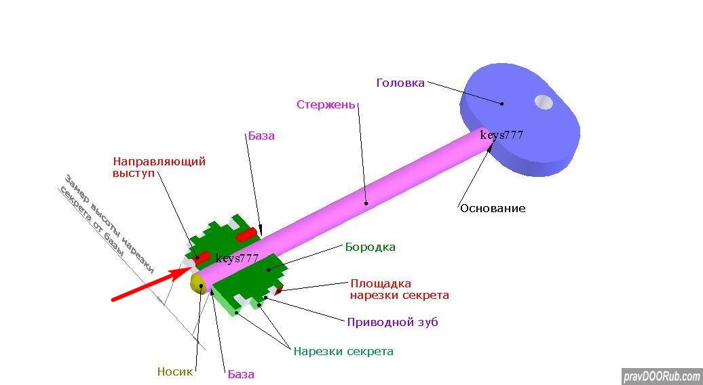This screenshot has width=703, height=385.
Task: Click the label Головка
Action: pyautogui.click(x=400, y=83)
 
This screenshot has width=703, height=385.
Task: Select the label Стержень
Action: pyautogui.click(x=326, y=105)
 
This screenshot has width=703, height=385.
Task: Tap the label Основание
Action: pyautogui.click(x=493, y=208)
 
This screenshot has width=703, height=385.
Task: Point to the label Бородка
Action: pyautogui.click(x=370, y=247)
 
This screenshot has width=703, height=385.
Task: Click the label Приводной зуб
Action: pyautogui.click(x=393, y=322)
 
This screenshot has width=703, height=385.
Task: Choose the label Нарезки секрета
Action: pyautogui.click(x=343, y=351)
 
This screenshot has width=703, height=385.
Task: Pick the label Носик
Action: pyautogui.click(x=175, y=371)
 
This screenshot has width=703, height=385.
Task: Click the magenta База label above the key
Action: pyautogui.click(x=261, y=136)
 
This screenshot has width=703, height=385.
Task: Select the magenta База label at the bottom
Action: pyautogui.click(x=241, y=374)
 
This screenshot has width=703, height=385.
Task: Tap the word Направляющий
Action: pyautogui.click(x=159, y=161)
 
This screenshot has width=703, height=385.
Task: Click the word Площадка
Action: pyautogui.click(x=381, y=284)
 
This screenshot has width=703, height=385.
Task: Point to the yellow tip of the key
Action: pyautogui.click(x=197, y=284)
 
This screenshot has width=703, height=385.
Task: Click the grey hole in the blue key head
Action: pyautogui.click(x=544, y=102)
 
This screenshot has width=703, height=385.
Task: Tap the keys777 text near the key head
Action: pyautogui.click(x=501, y=135)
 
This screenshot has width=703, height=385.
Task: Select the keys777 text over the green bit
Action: pyautogui.click(x=237, y=259)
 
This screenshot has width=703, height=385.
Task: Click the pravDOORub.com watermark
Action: pyautogui.click(x=662, y=376)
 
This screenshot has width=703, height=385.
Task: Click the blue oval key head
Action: pyautogui.click(x=520, y=119)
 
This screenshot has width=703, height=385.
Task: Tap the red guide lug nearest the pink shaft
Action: pyautogui.click(x=247, y=234)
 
